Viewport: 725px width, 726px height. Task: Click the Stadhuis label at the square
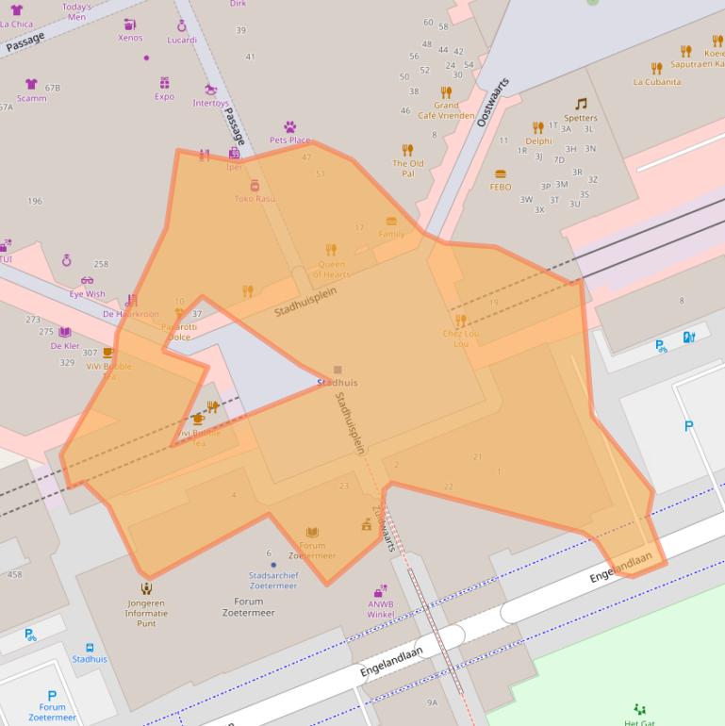point(338,383)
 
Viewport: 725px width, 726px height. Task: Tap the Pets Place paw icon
point(289,126)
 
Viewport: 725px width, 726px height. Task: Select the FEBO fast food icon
point(501,174)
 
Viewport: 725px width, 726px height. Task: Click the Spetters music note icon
point(581,105)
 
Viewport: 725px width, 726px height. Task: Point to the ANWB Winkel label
point(381,609)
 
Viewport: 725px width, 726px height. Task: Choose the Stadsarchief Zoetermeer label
point(272,580)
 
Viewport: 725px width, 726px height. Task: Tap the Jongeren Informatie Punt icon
point(146,589)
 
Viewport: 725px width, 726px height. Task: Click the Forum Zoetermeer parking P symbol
point(52,696)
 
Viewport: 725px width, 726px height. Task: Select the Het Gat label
point(639,722)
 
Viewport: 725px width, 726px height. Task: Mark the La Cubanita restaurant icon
point(657,68)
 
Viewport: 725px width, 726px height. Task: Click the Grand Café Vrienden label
point(446,110)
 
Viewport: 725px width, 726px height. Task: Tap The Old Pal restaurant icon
point(407,150)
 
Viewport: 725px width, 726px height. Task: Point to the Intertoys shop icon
point(210,91)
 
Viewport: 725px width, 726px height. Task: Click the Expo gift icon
point(165,83)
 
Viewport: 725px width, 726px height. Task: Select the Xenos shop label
point(130,38)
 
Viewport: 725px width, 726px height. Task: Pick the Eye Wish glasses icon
point(88,280)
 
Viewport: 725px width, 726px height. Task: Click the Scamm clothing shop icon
point(31,84)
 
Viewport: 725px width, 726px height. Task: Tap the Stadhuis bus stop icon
point(90,648)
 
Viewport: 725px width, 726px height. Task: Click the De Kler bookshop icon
point(65,332)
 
